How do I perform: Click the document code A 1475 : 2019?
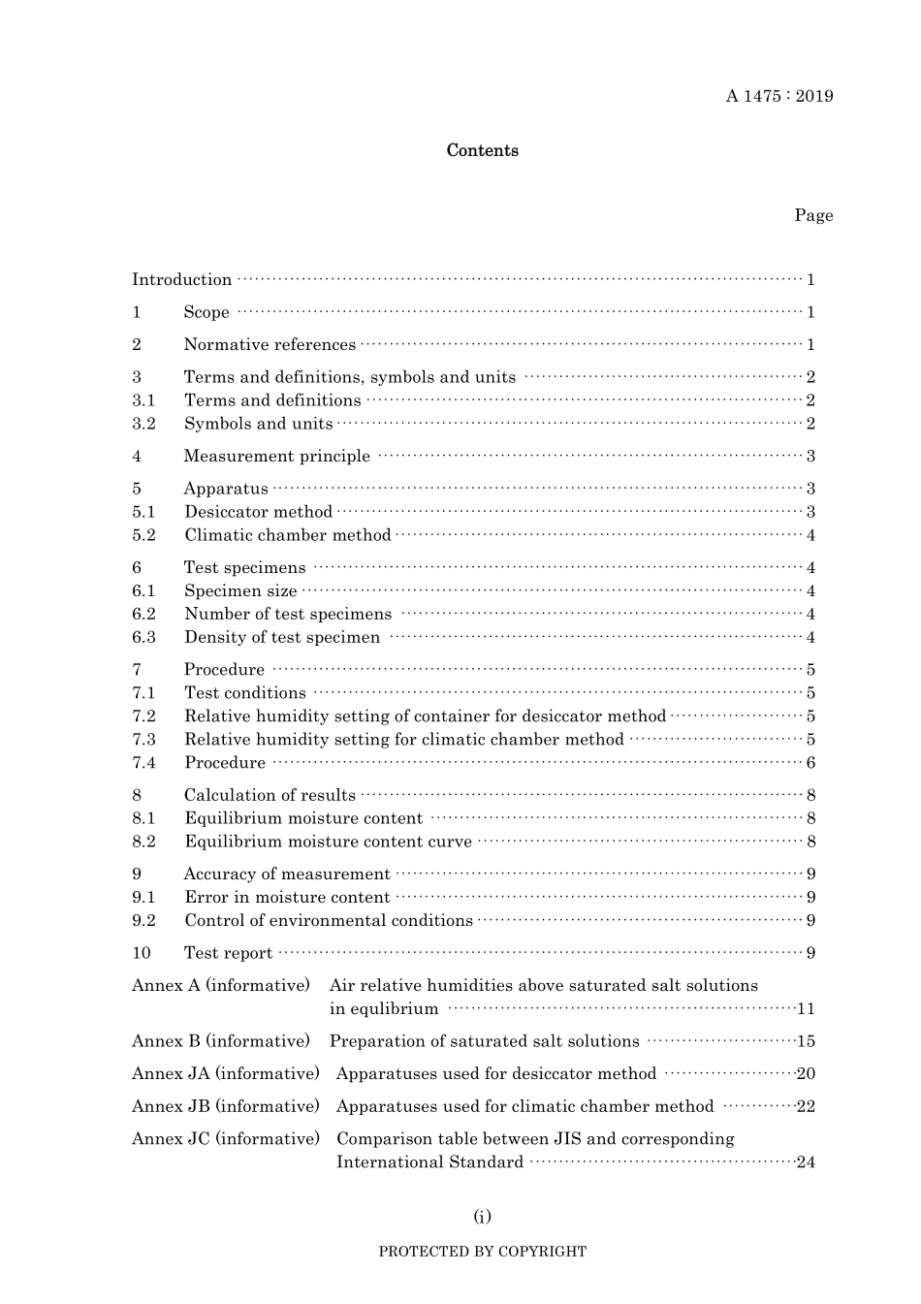(778, 96)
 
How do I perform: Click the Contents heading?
(482, 150)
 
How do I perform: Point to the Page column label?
(813, 215)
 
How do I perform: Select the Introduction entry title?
(182, 280)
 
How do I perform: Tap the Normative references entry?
(270, 345)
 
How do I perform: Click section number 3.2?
(143, 424)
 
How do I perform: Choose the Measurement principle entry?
(277, 457)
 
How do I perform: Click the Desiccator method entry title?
(258, 512)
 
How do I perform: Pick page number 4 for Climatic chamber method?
(810, 536)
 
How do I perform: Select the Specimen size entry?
(240, 591)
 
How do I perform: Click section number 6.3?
(143, 638)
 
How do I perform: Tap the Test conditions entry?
(245, 693)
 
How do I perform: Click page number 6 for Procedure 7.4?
(810, 763)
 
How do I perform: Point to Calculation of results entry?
(270, 795)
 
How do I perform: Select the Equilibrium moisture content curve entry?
(328, 842)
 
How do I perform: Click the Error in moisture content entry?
(287, 898)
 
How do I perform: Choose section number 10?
(142, 953)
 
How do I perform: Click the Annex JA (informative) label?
(225, 1074)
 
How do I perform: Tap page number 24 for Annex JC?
(806, 1162)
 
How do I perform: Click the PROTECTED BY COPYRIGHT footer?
(482, 1252)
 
